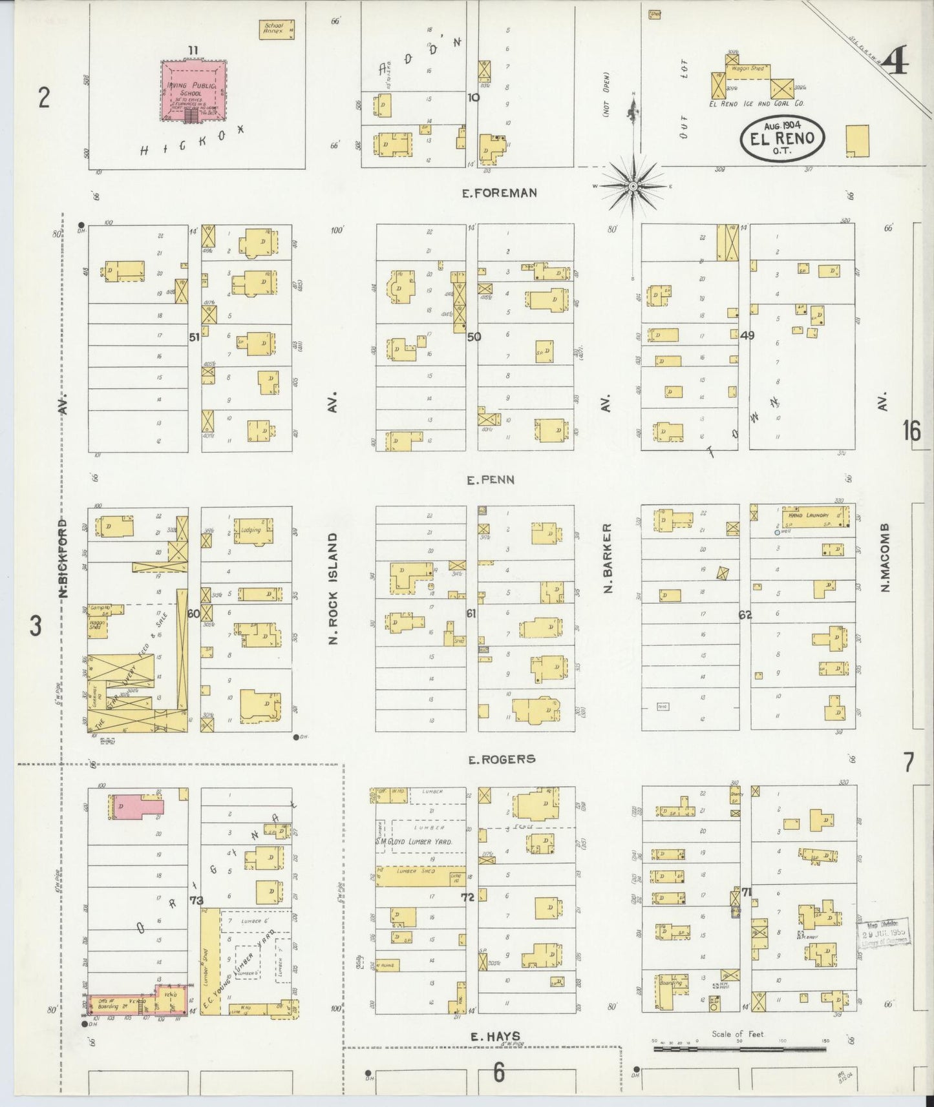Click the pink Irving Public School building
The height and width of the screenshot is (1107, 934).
(x=193, y=90)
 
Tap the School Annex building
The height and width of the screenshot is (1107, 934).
(x=277, y=30)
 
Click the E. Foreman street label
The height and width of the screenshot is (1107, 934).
(x=499, y=192)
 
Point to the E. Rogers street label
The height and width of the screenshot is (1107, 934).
(x=502, y=759)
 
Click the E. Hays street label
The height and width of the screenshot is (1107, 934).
(x=495, y=1036)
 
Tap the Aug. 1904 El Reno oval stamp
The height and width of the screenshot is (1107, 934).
(x=782, y=138)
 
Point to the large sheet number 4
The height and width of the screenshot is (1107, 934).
(x=895, y=63)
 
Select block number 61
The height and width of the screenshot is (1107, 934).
(x=471, y=613)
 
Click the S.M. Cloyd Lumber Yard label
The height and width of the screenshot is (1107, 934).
(x=422, y=842)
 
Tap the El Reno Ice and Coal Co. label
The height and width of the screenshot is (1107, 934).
(x=756, y=103)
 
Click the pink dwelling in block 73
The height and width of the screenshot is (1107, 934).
(x=137, y=807)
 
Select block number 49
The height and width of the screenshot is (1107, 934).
(x=747, y=335)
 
